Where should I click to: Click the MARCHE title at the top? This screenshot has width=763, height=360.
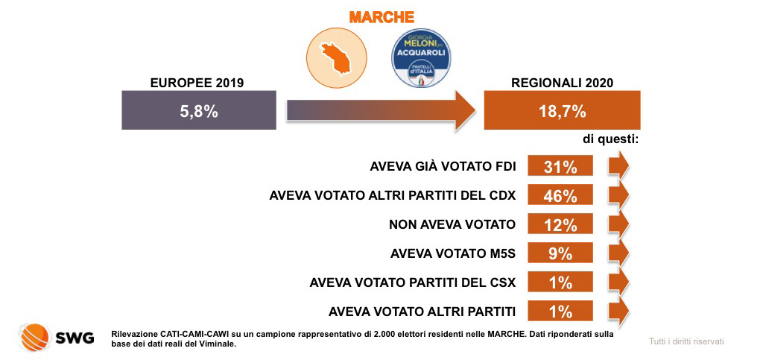(x=381, y=16)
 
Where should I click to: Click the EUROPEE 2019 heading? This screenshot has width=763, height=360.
(x=197, y=83)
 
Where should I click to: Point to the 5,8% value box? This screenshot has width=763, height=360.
(x=198, y=112)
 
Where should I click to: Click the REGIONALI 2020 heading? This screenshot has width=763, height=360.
(x=562, y=83)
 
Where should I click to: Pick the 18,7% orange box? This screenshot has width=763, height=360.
(x=562, y=112)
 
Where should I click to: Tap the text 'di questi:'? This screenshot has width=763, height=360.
(x=612, y=139)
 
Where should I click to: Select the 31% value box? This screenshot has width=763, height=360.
(x=560, y=167)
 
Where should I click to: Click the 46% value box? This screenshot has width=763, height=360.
(x=560, y=196)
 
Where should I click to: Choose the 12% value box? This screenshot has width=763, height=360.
(x=560, y=224)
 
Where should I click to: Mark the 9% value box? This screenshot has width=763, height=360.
(x=560, y=253)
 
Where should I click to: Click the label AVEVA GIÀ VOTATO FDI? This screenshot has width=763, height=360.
(x=443, y=167)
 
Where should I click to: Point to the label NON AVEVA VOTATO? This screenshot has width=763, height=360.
(x=452, y=224)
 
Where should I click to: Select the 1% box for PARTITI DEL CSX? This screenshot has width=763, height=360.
(x=560, y=282)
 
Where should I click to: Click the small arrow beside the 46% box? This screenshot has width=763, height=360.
(x=618, y=196)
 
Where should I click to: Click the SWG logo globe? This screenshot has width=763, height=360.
(x=32, y=337)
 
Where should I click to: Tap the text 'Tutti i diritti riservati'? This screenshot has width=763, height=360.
(x=686, y=341)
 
